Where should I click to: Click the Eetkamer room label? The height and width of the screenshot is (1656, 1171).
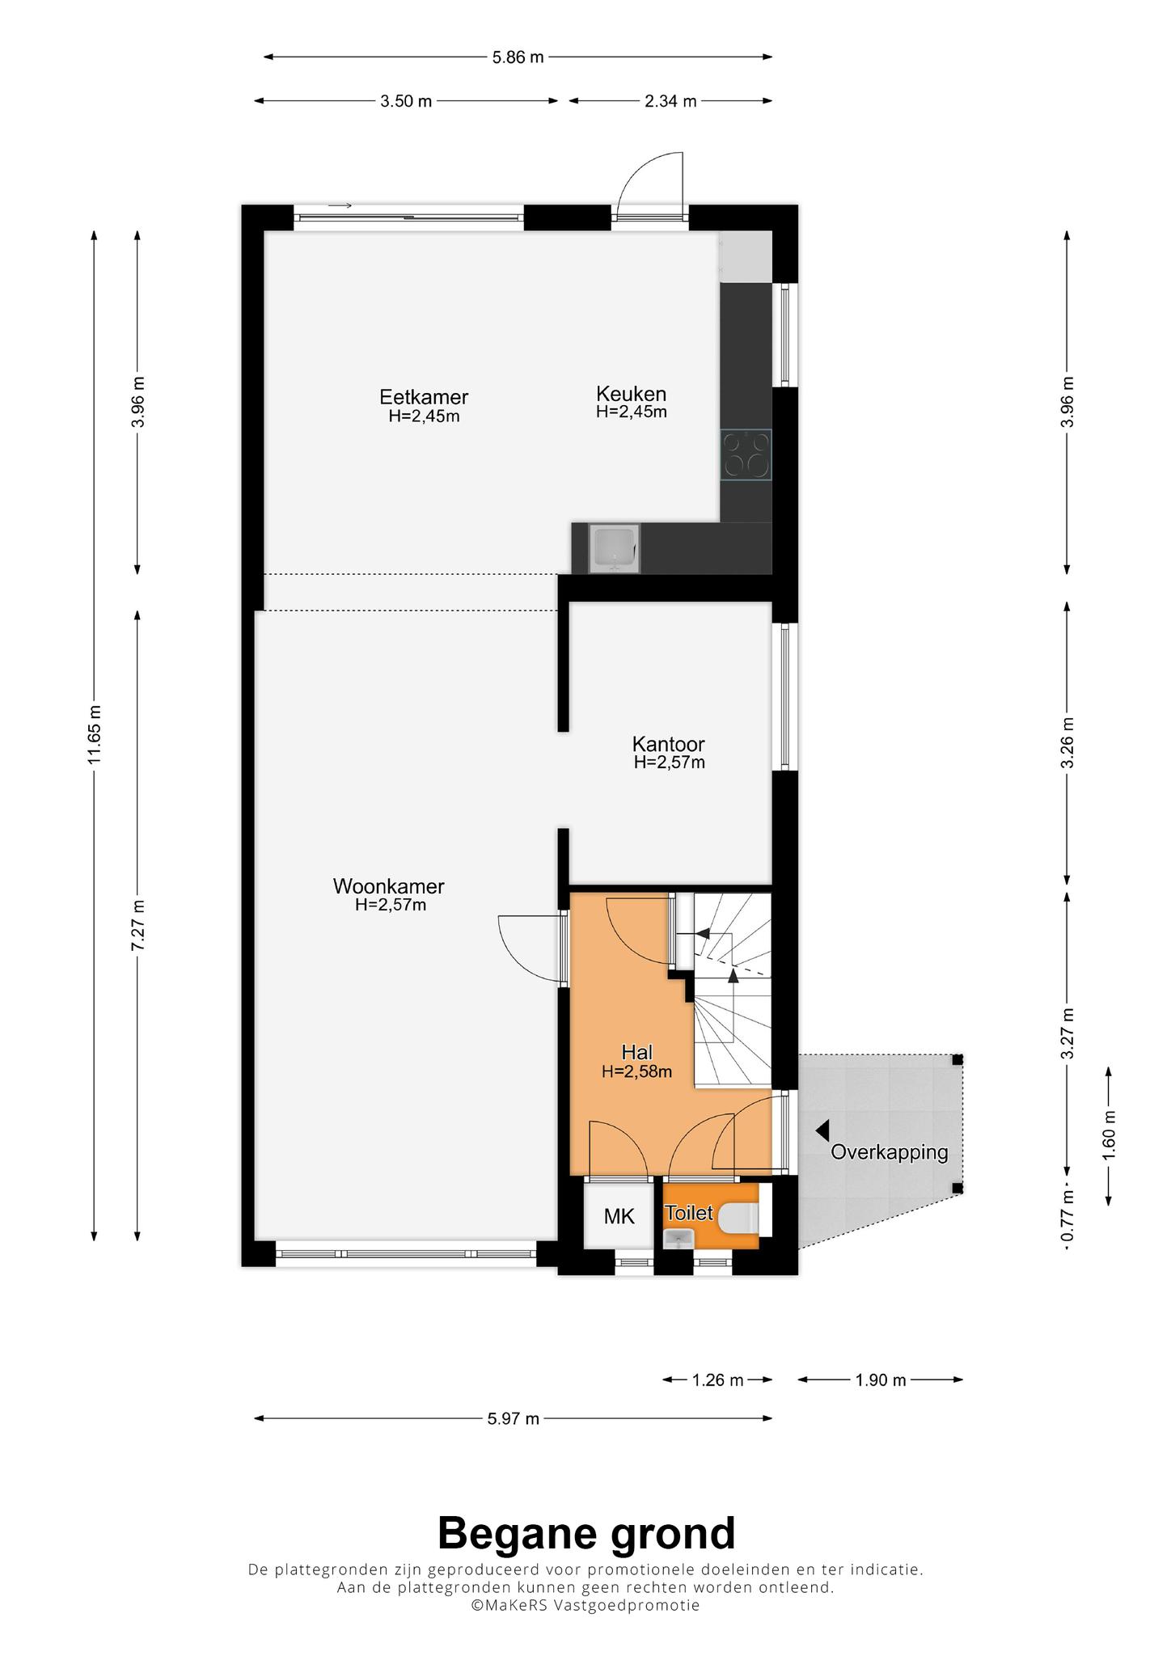click(x=424, y=397)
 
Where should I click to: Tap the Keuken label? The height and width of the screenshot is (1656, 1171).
click(x=632, y=394)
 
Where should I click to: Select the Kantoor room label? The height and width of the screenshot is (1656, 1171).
click(x=669, y=743)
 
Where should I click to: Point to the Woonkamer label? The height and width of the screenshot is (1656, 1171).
click(x=389, y=886)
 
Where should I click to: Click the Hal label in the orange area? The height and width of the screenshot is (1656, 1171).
click(x=637, y=1052)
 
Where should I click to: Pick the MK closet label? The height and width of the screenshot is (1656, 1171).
click(x=619, y=1216)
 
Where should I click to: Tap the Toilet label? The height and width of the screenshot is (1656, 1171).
click(x=689, y=1213)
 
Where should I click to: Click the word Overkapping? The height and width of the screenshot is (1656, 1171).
click(x=890, y=1152)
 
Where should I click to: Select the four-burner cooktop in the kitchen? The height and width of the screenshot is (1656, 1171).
click(x=746, y=454)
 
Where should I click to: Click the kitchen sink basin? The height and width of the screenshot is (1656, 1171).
click(x=616, y=547)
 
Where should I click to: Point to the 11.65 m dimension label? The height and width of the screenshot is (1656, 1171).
click(x=95, y=733)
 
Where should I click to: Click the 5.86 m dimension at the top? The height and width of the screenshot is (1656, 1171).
click(x=518, y=57)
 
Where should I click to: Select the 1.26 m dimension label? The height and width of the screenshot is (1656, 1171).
click(x=718, y=1379)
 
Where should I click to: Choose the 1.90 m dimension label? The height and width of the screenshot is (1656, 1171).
click(x=881, y=1379)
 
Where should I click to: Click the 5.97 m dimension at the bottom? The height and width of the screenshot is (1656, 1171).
click(x=514, y=1417)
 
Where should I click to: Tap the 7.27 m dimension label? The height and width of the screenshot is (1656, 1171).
click(x=138, y=925)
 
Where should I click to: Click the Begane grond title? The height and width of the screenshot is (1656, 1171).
click(x=586, y=1533)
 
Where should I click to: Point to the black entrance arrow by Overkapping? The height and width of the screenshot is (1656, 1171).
click(x=822, y=1130)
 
